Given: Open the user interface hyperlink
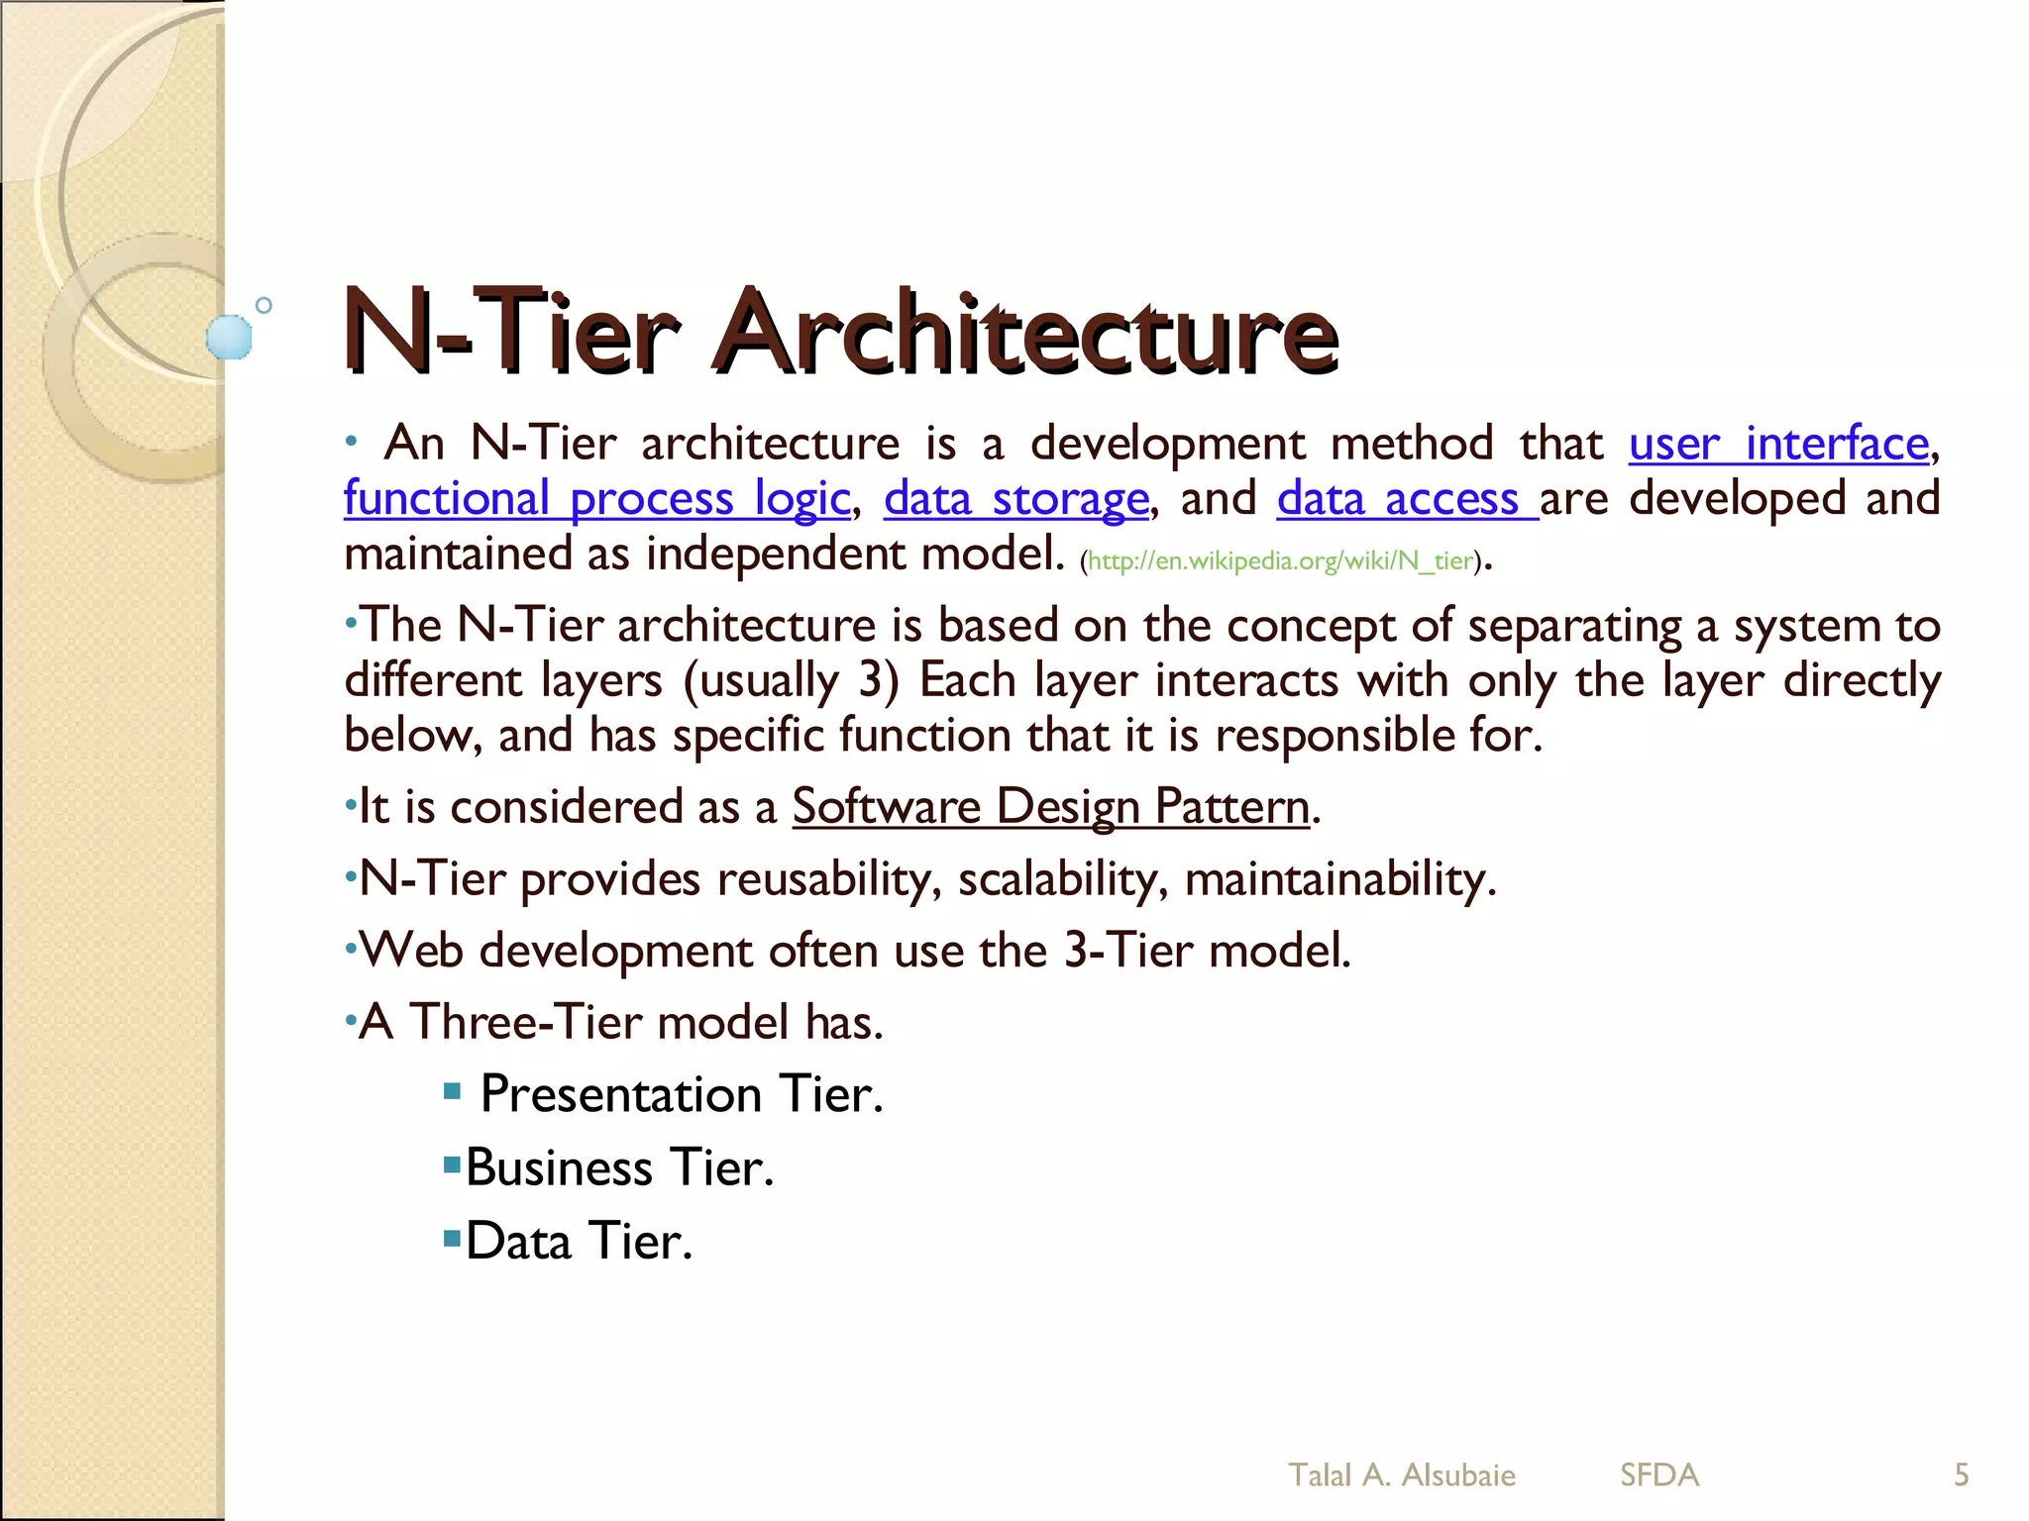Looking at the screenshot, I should click(1778, 444).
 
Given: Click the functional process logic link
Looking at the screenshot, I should click(596, 498).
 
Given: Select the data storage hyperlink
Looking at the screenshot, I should click(1015, 498).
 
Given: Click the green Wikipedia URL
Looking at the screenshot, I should click(1281, 561).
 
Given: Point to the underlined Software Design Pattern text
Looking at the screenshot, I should click(1050, 806).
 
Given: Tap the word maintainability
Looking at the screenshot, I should click(1337, 878).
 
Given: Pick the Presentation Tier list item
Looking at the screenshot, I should click(681, 1094).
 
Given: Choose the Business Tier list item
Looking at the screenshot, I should click(618, 1167).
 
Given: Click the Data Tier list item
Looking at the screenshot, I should click(578, 1241).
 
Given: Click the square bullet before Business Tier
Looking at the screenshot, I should click(453, 1164).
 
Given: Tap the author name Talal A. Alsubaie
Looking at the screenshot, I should click(1401, 1474).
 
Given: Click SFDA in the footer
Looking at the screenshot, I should click(1658, 1474).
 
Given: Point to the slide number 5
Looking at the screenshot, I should click(1961, 1474).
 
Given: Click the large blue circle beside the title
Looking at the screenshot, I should click(229, 337).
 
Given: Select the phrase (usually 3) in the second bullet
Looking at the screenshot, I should click(791, 680).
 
